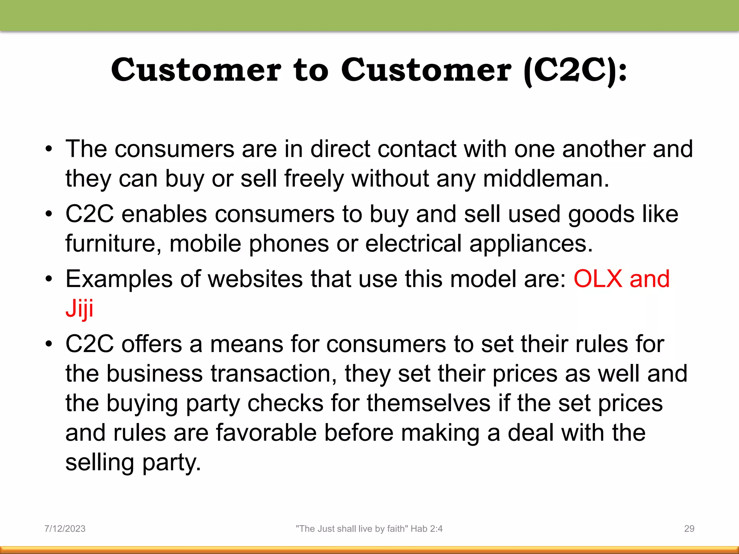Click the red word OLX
coord(598,279)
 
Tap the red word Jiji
coord(79,309)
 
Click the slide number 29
coord(689,529)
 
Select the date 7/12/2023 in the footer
coord(65,529)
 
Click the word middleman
coord(546,179)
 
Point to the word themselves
coord(429,403)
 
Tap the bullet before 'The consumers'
coord(49,149)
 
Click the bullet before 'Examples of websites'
coord(49,279)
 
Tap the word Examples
coord(119,279)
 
